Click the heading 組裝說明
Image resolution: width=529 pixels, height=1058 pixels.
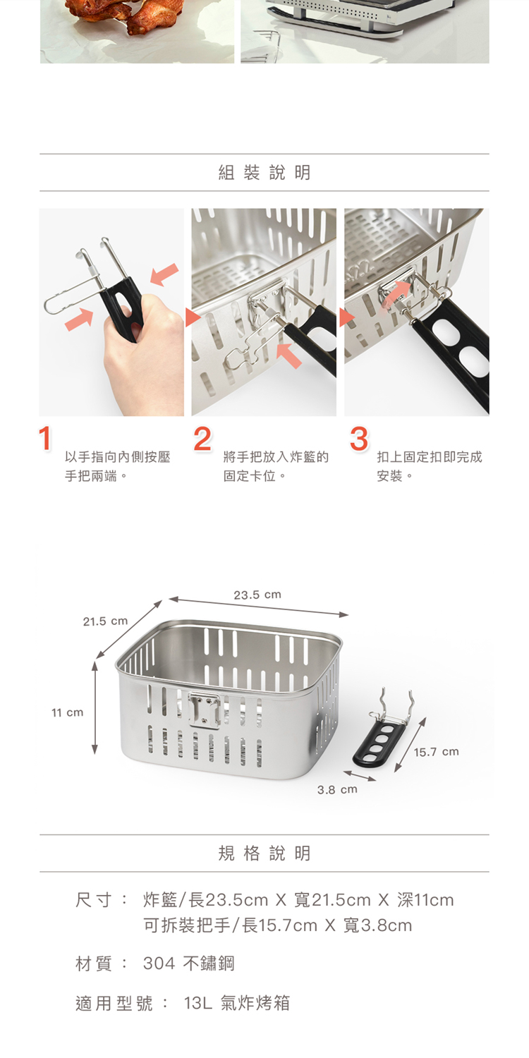264,172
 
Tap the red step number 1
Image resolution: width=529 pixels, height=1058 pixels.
45,438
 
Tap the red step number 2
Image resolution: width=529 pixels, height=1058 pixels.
202,439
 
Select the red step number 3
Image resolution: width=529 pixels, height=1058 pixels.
358,439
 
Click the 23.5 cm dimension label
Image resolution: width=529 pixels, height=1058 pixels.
257,594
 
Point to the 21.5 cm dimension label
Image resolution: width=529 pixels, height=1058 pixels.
105,621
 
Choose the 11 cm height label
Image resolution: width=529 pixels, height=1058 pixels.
68,712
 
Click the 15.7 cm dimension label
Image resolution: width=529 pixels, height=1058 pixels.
437,751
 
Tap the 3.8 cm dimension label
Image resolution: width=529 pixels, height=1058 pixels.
337,789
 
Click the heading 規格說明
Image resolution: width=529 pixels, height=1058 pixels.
264,853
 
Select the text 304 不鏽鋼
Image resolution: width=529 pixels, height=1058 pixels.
188,963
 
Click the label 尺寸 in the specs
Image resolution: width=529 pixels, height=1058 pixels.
94,900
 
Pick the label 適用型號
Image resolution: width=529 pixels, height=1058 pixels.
114,1003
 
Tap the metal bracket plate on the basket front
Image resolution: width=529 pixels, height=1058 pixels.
204,710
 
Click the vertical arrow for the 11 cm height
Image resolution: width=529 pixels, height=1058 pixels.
95,707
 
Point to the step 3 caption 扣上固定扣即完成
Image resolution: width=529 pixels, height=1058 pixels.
430,457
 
